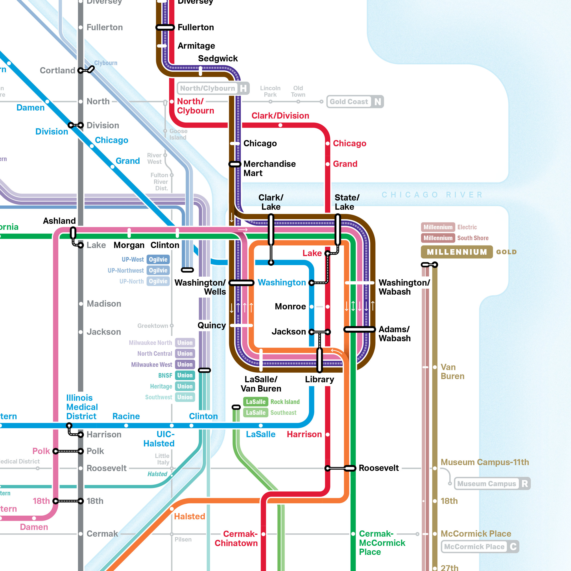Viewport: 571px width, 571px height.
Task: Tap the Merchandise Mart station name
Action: (x=269, y=168)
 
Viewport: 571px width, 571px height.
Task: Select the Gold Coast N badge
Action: (x=355, y=102)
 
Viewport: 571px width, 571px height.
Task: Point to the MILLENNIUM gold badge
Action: (x=457, y=252)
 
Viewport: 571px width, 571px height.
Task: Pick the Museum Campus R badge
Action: (x=492, y=484)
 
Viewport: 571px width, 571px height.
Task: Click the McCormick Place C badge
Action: (x=480, y=547)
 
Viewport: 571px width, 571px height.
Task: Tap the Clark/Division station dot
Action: (x=280, y=125)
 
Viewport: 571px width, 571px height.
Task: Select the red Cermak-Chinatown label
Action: (x=236, y=538)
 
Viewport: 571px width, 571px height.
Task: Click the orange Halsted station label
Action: (x=189, y=516)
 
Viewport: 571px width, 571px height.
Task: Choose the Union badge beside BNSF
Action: (x=185, y=375)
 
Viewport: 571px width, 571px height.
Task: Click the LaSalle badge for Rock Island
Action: (x=256, y=402)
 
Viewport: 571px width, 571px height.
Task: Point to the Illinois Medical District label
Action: (x=82, y=407)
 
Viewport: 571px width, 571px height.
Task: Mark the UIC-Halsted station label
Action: (x=159, y=439)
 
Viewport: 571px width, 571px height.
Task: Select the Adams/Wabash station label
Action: (x=395, y=334)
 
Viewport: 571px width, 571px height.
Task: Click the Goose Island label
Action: (x=178, y=134)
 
